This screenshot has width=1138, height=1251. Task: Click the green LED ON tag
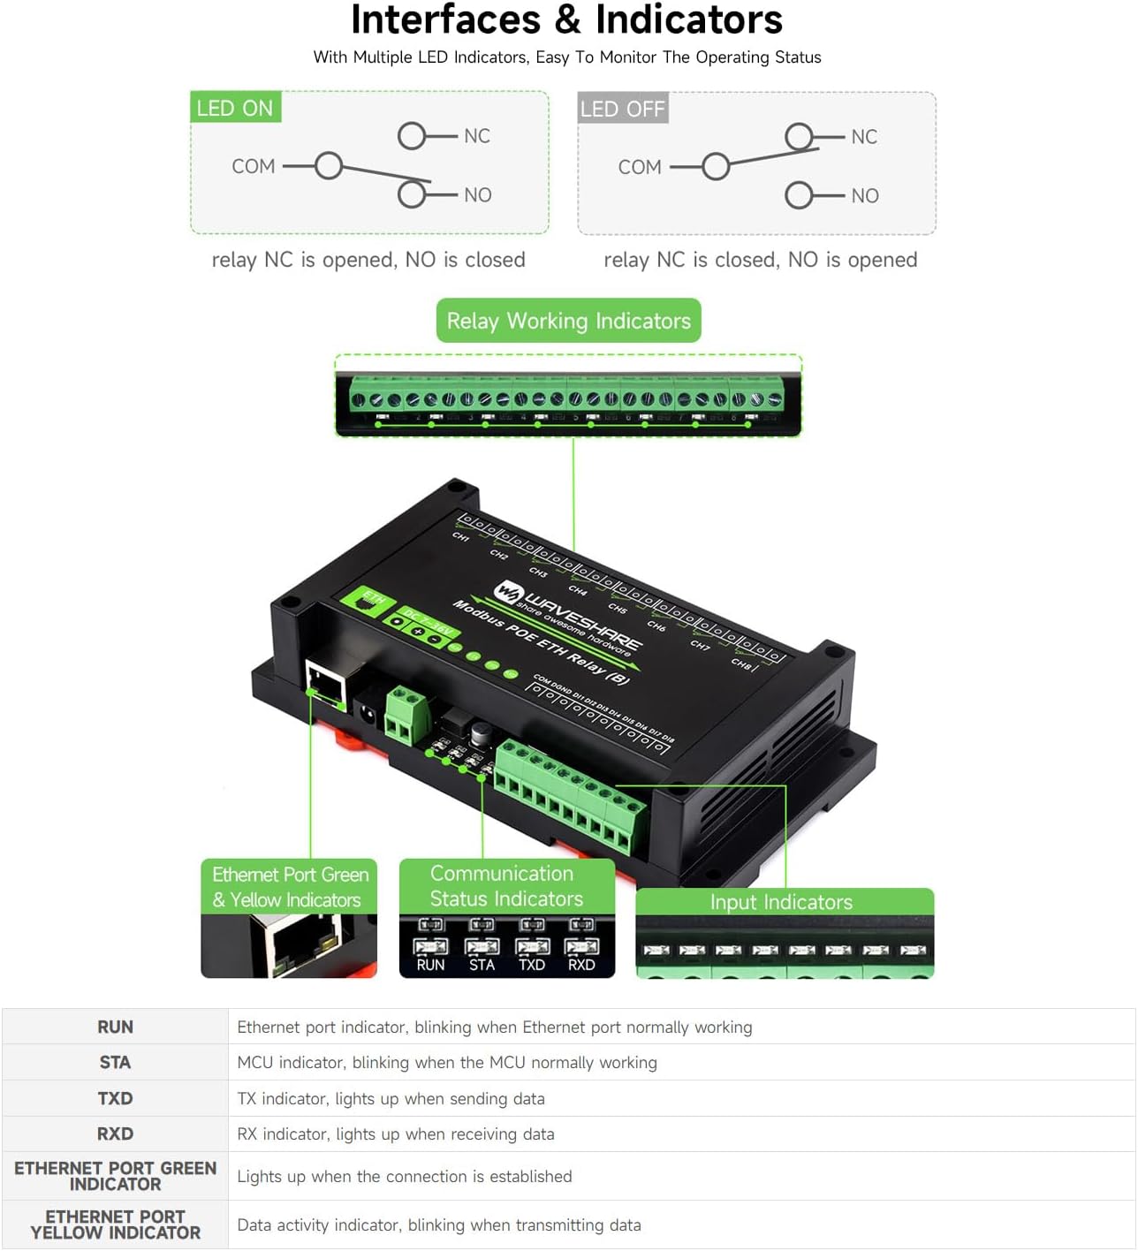click(x=235, y=108)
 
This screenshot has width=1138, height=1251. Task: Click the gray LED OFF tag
click(x=622, y=109)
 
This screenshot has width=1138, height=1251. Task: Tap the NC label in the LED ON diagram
click(x=476, y=136)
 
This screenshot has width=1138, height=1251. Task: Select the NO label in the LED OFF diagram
click(x=864, y=195)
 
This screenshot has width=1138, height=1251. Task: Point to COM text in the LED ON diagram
click(x=254, y=166)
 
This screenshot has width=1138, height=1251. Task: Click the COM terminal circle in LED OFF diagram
click(x=716, y=166)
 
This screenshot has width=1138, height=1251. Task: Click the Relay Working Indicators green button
click(x=568, y=321)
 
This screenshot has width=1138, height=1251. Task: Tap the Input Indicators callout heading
click(x=782, y=902)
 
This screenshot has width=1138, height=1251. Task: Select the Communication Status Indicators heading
click(x=505, y=886)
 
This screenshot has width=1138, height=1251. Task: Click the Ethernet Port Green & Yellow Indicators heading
click(x=289, y=887)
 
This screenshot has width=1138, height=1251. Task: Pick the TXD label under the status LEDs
click(x=531, y=965)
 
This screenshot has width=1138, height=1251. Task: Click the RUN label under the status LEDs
click(x=430, y=965)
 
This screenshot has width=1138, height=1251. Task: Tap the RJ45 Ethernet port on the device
click(x=326, y=682)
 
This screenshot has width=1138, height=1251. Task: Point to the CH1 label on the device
click(x=460, y=536)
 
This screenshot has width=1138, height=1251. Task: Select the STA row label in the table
click(x=115, y=1063)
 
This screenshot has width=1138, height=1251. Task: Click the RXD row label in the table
click(x=115, y=1133)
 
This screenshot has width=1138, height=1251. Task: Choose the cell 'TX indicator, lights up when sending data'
click(x=391, y=1099)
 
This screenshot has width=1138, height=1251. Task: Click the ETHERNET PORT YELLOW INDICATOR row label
click(x=115, y=1224)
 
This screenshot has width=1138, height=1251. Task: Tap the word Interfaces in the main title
click(x=445, y=19)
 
